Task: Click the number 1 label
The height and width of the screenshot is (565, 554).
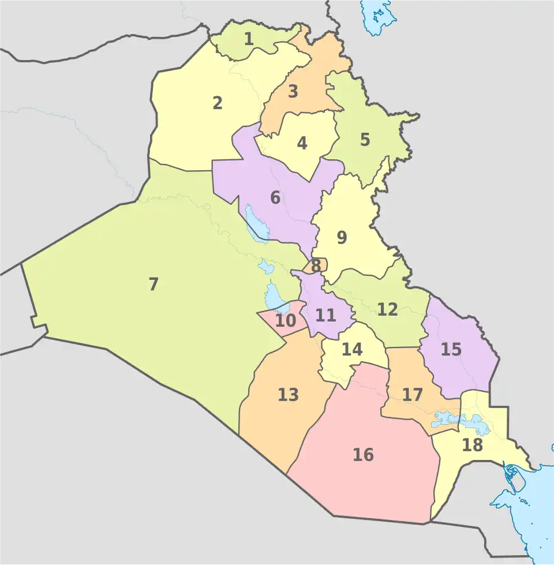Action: pos(249,39)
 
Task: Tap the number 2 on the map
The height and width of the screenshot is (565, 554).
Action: pos(217,103)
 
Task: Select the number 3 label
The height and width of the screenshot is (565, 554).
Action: pos(293,91)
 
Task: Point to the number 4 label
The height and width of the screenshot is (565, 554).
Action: pos(302,143)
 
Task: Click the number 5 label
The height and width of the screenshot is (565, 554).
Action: pos(365,140)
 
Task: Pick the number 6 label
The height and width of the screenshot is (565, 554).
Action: pos(275,197)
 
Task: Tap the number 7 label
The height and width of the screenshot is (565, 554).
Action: pos(154,284)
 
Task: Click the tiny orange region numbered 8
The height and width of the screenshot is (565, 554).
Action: pos(316,266)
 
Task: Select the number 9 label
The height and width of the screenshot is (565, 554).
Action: pos(342,237)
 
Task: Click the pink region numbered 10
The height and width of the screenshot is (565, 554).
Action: pos(285,320)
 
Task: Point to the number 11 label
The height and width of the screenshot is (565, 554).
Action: pos(325,315)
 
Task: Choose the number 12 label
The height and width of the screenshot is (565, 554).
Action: pos(387,309)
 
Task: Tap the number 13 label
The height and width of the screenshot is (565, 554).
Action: pos(288,395)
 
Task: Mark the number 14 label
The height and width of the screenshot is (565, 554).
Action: pos(351,349)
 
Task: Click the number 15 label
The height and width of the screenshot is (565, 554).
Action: pos(451,349)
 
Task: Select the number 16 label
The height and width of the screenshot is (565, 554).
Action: pos(363,455)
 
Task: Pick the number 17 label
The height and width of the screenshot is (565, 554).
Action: pos(413,395)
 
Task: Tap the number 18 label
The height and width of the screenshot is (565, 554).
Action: pos(472,445)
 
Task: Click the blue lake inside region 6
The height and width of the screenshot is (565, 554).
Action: pos(256,222)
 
